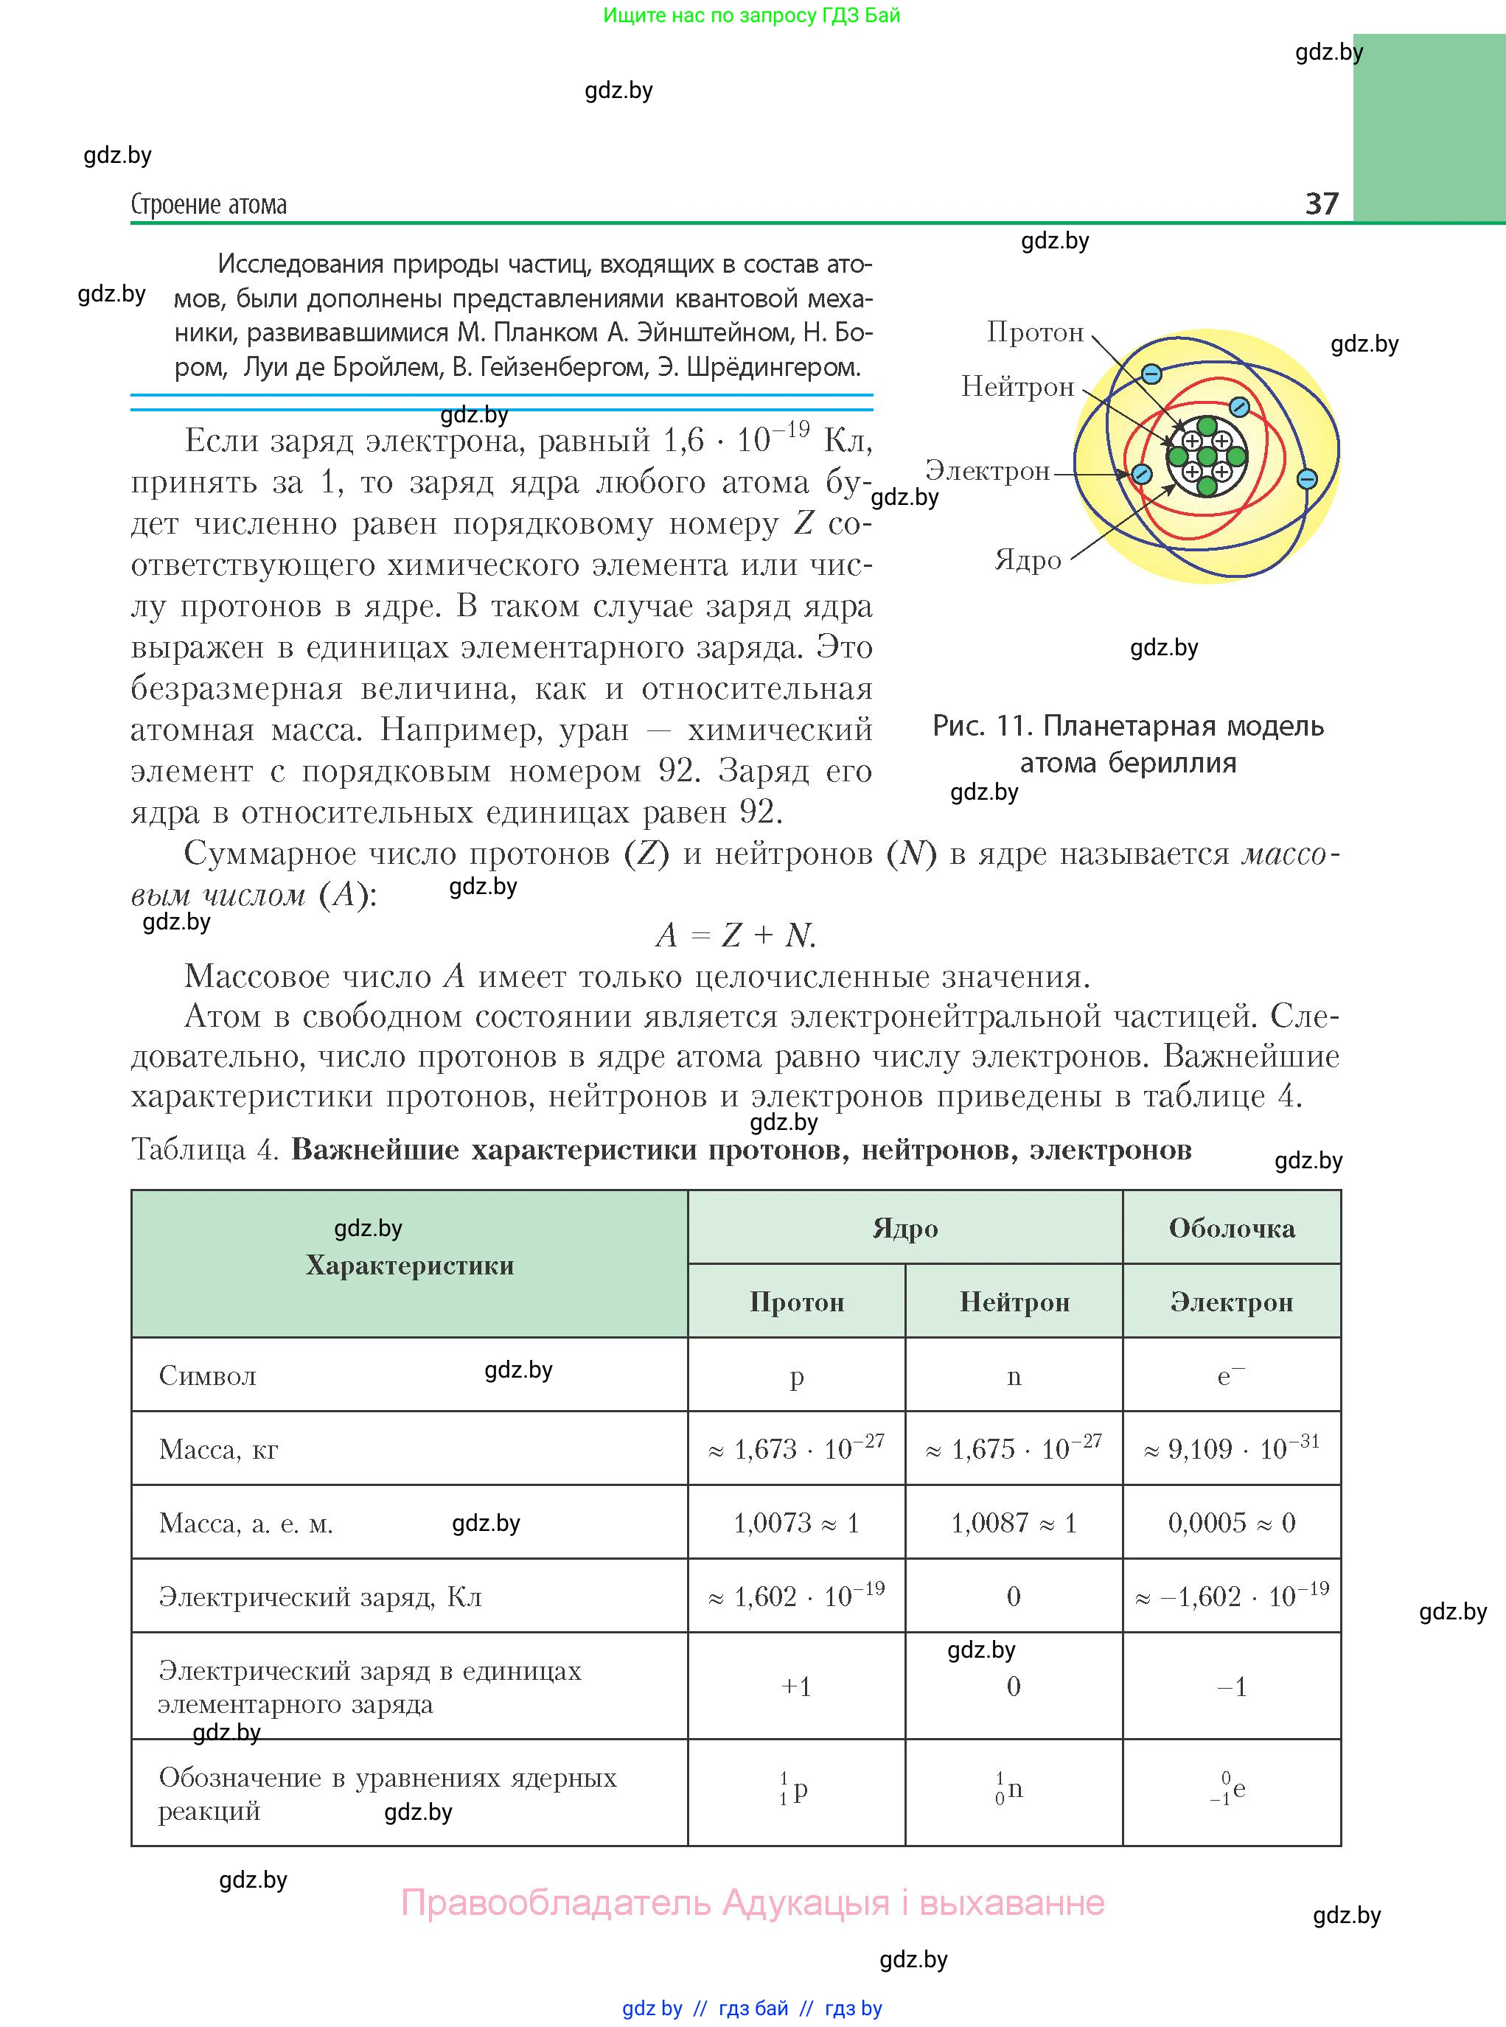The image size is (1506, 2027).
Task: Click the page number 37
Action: [1321, 203]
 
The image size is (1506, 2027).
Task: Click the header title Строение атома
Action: [209, 204]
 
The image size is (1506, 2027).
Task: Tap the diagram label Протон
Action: [1035, 332]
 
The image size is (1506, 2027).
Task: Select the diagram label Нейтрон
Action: [1017, 388]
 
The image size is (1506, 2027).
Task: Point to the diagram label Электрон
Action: [987, 471]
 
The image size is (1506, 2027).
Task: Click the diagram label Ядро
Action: [1028, 559]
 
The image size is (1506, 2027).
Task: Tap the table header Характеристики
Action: [409, 1265]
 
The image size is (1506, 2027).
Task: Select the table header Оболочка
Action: [1232, 1229]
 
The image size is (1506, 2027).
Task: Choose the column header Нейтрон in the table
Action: [1014, 1302]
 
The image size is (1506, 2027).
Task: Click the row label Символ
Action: [208, 1376]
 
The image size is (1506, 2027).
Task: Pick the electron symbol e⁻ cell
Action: [1231, 1376]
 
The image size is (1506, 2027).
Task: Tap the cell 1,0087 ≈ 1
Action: [1014, 1523]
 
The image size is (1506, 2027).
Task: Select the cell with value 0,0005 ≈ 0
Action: [1231, 1523]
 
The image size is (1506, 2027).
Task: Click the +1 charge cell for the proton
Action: [796, 1687]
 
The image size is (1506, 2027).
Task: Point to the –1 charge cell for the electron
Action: [1231, 1687]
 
